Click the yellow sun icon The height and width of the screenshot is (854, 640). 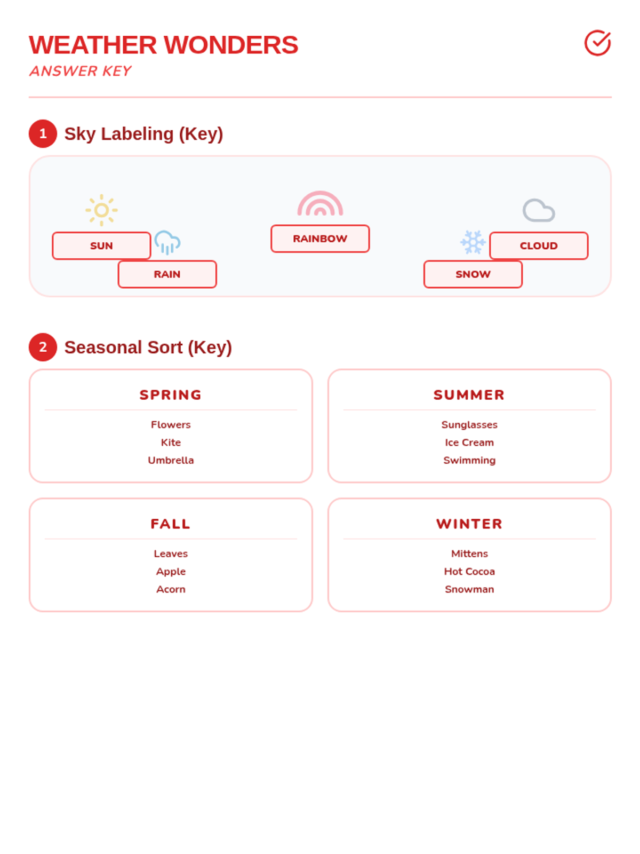point(101,210)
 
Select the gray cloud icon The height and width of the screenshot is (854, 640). point(539,210)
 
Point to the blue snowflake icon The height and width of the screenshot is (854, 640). point(473,242)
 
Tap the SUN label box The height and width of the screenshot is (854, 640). point(101,246)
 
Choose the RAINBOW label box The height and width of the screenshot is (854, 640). point(320,239)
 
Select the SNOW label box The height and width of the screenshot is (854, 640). point(473,274)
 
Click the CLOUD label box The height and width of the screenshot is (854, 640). point(539,246)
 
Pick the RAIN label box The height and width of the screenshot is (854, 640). point(167,274)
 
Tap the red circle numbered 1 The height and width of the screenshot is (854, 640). point(43,133)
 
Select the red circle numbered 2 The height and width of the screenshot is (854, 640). point(43,347)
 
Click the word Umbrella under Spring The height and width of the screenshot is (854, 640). point(171,460)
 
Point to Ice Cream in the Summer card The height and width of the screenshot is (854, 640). point(469,442)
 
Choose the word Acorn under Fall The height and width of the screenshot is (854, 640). point(171,589)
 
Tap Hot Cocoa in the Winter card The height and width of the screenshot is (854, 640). point(469,571)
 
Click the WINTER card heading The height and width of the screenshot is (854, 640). point(469,524)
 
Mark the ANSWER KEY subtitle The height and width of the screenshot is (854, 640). point(81,71)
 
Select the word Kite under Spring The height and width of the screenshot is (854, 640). point(171,442)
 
